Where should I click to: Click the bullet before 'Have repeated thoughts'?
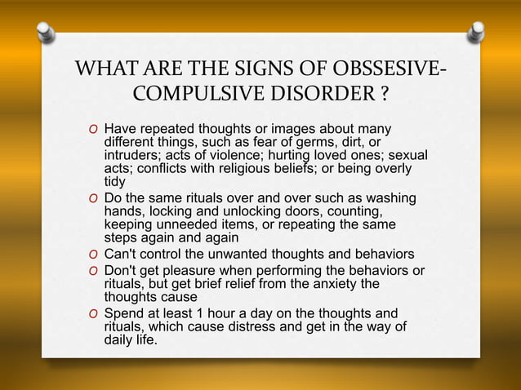96,130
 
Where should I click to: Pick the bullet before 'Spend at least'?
96,313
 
